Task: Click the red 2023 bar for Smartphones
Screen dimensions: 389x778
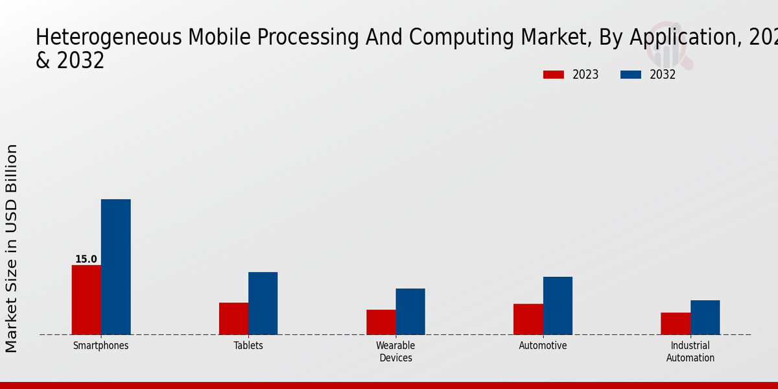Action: [x=86, y=300]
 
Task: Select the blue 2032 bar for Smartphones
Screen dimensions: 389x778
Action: [x=115, y=266]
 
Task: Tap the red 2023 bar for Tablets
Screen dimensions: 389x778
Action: [x=233, y=318]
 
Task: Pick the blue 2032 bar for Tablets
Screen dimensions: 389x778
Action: [x=263, y=303]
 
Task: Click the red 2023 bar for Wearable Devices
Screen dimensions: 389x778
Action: [x=381, y=322]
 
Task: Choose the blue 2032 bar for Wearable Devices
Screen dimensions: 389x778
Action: [x=410, y=311]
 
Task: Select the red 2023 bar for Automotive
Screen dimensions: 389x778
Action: [x=528, y=319]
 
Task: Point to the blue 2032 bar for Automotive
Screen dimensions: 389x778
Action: [x=558, y=305]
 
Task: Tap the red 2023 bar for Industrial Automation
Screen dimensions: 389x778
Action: [x=676, y=324]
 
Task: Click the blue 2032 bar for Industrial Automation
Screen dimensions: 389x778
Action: [x=705, y=317]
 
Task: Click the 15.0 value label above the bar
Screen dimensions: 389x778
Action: [x=86, y=259]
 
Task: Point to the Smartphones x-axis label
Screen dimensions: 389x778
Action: [x=100, y=346]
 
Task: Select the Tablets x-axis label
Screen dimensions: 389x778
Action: [x=248, y=346]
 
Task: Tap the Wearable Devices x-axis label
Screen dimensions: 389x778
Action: [x=395, y=351]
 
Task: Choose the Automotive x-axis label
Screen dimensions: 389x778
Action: [x=543, y=346]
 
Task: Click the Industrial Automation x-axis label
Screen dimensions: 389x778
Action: [x=690, y=351]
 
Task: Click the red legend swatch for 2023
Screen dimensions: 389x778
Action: [x=553, y=75]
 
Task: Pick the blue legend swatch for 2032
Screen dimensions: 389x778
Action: [x=630, y=75]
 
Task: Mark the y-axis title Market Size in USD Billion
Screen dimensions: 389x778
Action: [x=12, y=248]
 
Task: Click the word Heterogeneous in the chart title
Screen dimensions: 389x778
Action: [x=109, y=38]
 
